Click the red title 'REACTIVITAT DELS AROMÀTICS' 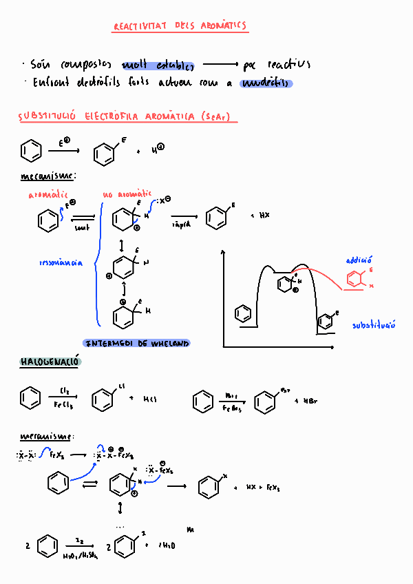coord(179,27)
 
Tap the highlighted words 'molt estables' coord(158,65)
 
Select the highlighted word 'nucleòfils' coord(266,84)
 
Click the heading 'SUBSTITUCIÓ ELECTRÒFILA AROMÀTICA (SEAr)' coord(127,117)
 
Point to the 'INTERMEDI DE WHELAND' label coord(136,343)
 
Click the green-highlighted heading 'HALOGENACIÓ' coord(50,362)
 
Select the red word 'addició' coord(359,260)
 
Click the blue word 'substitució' coord(374,325)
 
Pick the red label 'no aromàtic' coord(127,196)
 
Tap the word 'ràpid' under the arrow coord(181,225)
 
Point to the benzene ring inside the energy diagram coord(242,314)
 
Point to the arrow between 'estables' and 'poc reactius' coord(220,65)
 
